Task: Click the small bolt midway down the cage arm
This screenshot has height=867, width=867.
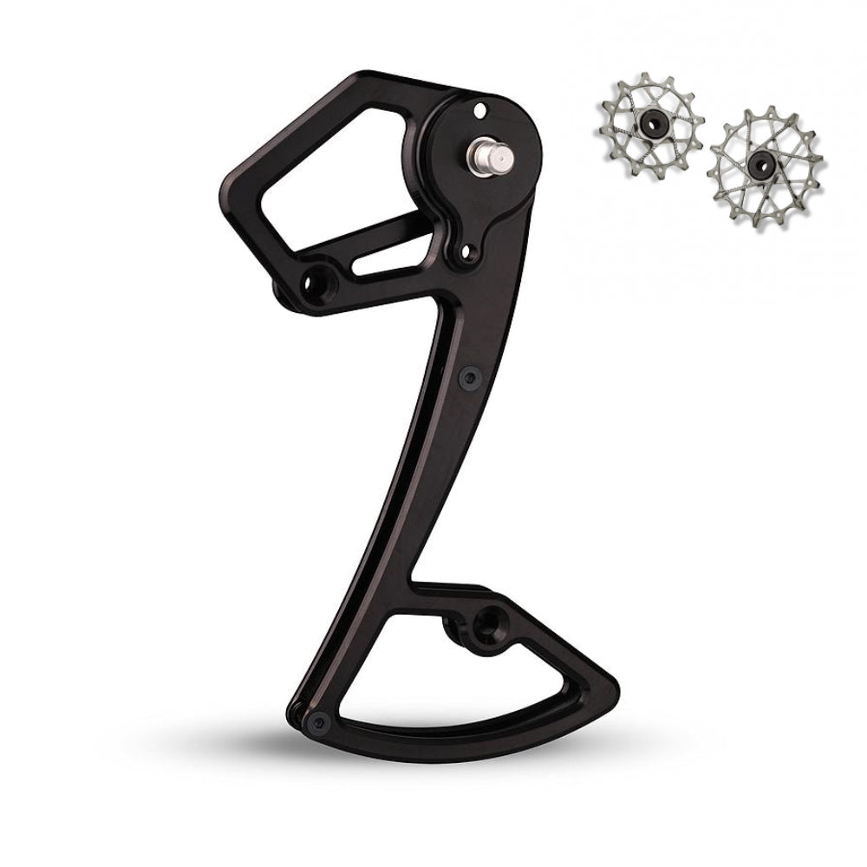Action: pos(468,375)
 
